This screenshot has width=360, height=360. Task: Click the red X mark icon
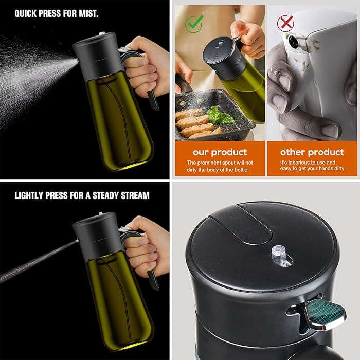tap(285, 22)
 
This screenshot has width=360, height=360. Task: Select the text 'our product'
tap(220, 152)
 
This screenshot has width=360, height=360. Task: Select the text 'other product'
tap(312, 152)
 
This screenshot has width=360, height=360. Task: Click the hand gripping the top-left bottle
tap(144, 67)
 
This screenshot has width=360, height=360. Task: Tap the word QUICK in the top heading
tap(26, 13)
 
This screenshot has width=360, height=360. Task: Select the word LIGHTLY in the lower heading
tap(31, 195)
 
